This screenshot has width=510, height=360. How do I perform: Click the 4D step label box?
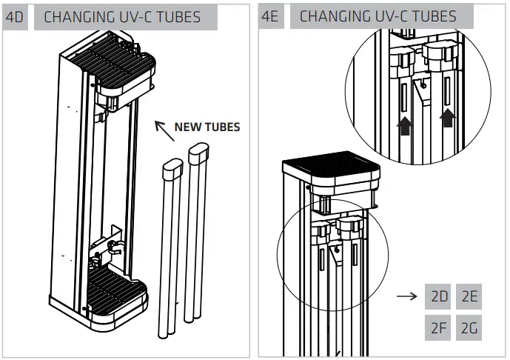coord(16,17)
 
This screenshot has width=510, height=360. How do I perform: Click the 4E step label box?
coord(270,17)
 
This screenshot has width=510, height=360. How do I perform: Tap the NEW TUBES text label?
coord(207,127)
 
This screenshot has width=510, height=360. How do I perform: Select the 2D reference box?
coord(439,297)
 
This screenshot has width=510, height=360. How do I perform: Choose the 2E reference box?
coord(469,297)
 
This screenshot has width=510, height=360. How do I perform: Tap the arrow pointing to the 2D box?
coord(407,297)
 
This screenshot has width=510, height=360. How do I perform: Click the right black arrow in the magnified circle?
coord(447,117)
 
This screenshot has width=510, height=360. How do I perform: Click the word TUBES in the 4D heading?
coord(174,17)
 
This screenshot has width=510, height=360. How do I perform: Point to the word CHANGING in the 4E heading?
coord(332,17)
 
